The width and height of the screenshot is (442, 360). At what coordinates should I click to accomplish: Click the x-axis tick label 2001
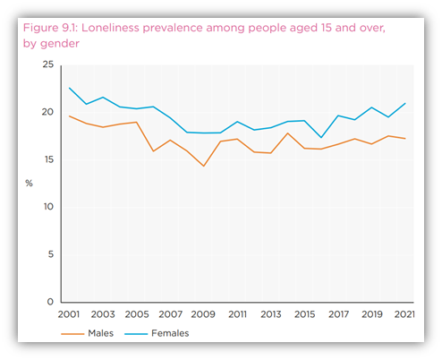pyautogui.click(x=71, y=314)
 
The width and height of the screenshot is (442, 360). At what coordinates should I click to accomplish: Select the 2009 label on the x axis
pyautogui.click(x=204, y=314)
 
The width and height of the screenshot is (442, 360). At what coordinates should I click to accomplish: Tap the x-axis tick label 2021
pyautogui.click(x=405, y=314)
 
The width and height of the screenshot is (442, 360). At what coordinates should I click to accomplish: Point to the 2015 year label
pyautogui.click(x=305, y=314)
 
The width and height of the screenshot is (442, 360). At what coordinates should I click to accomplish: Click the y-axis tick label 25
pyautogui.click(x=48, y=64)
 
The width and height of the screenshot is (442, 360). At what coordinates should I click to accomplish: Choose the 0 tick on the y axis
pyautogui.click(x=51, y=302)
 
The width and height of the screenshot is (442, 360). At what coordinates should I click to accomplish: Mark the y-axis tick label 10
pyautogui.click(x=48, y=207)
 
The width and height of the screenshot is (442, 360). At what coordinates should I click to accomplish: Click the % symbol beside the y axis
pyautogui.click(x=29, y=183)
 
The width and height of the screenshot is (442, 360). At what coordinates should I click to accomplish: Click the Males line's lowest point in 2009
pyautogui.click(x=204, y=166)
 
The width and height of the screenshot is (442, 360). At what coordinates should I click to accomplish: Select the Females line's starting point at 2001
pyautogui.click(x=71, y=88)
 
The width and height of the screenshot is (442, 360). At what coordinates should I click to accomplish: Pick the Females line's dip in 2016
pyautogui.click(x=321, y=137)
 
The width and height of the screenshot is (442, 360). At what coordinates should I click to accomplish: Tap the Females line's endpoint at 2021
pyautogui.click(x=405, y=103)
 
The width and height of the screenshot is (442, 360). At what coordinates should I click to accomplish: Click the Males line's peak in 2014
pyautogui.click(x=288, y=133)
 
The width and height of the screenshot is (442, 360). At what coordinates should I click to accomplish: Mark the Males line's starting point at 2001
pyautogui.click(x=71, y=116)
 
